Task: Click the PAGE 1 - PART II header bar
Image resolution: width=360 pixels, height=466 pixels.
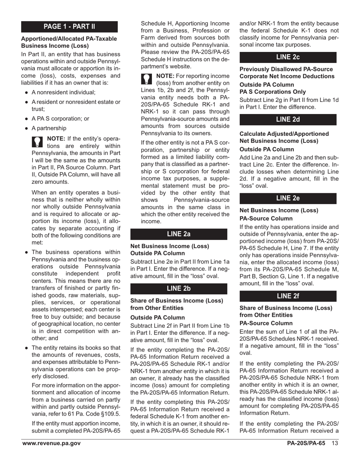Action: point(69,27)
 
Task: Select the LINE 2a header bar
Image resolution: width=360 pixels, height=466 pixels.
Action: point(179,234)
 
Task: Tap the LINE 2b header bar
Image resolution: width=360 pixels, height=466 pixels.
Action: point(179,289)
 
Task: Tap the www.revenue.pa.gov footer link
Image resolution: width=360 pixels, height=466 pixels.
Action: point(51,444)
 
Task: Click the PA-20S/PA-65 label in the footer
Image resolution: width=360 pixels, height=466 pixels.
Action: point(306,444)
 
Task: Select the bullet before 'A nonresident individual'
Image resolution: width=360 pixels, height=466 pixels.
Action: point(26,92)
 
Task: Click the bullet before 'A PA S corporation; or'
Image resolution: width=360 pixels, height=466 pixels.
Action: point(26,119)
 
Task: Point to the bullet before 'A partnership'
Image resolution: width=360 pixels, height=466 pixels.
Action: point(26,128)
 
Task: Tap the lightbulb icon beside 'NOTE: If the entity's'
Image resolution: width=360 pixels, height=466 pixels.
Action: point(38,142)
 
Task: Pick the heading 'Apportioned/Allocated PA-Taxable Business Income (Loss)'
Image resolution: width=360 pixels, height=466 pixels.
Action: point(69,42)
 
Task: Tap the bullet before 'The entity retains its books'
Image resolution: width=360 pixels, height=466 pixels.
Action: point(26,348)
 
